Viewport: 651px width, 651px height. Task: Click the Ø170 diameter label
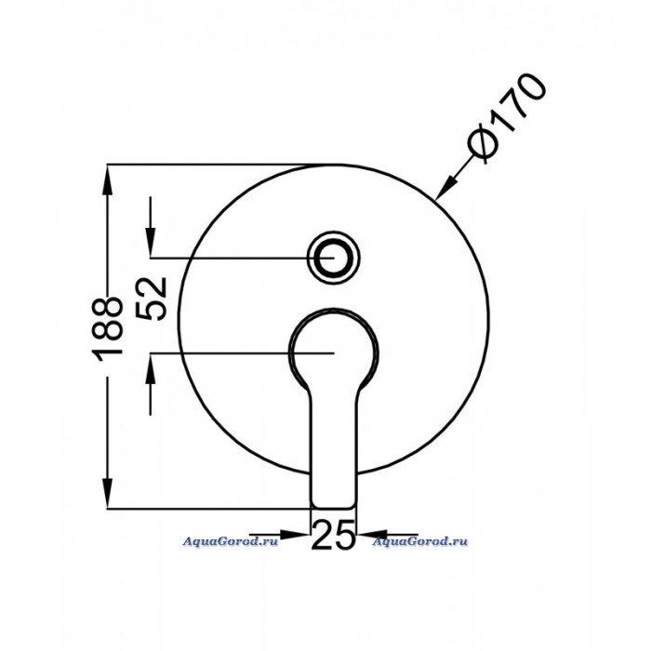[x=506, y=119]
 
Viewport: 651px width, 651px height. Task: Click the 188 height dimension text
[x=107, y=329]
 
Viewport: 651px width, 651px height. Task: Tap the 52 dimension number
[x=152, y=299]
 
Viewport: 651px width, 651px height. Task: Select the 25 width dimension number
[x=333, y=536]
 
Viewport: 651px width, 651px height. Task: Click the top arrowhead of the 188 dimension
[x=107, y=179]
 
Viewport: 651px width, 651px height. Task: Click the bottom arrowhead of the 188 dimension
[x=107, y=493]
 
